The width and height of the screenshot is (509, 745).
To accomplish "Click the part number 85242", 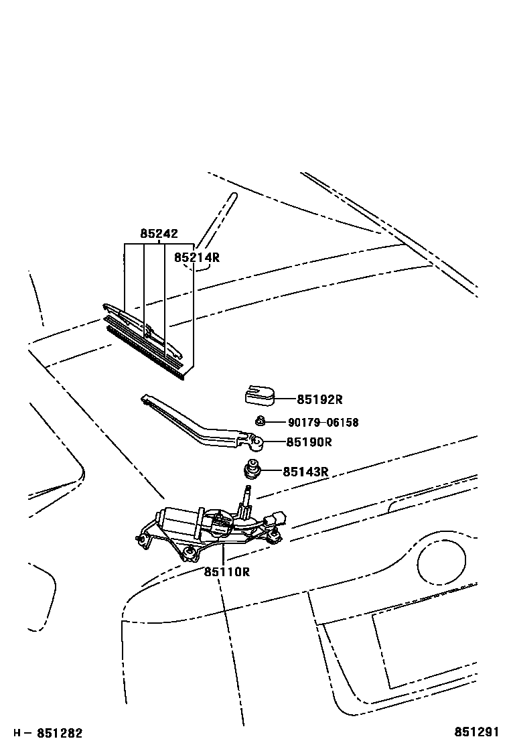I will click(159, 234).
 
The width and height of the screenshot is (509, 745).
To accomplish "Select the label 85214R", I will click(197, 257).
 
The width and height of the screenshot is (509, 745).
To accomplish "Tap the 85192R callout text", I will click(319, 399).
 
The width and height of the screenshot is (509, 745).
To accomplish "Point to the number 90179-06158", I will click(323, 423).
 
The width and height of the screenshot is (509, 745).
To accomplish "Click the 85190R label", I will click(309, 442).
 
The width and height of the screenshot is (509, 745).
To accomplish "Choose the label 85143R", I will click(305, 472).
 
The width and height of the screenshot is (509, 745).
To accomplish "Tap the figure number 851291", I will click(478, 733).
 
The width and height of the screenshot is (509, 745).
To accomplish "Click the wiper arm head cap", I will click(259, 397).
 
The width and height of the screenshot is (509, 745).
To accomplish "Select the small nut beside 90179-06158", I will click(261, 421).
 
